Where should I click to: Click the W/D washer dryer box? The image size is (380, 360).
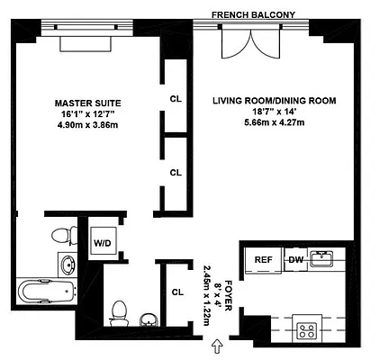[x=103, y=243]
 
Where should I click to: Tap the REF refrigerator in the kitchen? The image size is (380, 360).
[x=263, y=259]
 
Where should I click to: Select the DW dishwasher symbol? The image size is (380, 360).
[x=294, y=260]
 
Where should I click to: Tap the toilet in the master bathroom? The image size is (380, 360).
[x=61, y=236]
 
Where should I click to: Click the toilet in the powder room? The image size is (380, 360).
[x=117, y=312]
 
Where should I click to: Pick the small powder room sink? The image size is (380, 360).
[x=149, y=320]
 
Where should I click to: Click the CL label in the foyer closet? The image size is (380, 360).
[x=176, y=291]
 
